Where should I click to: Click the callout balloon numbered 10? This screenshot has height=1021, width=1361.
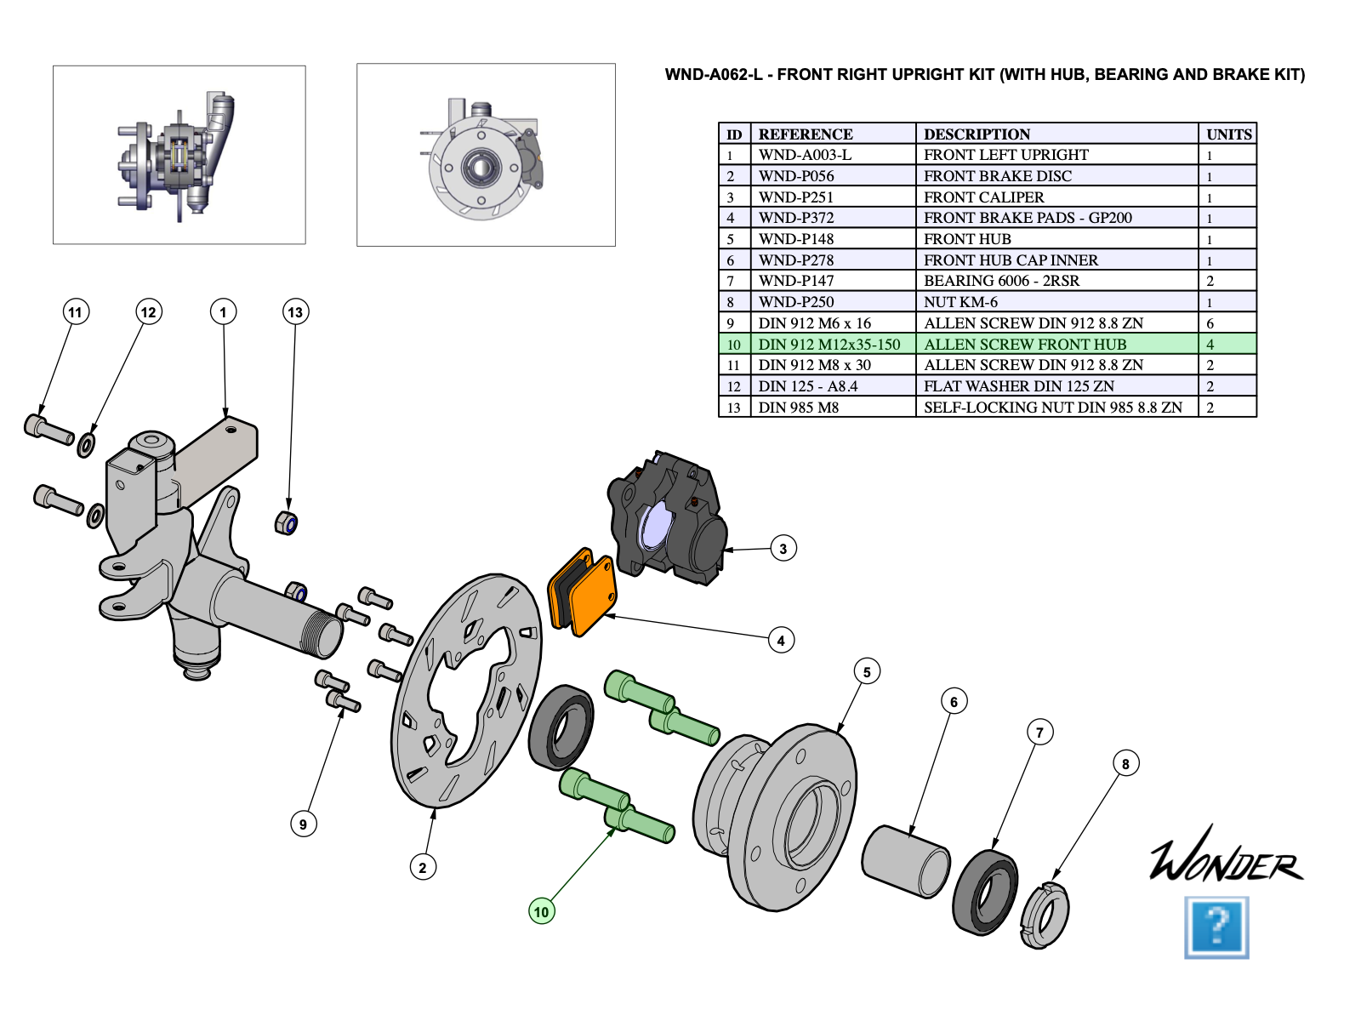pyautogui.click(x=542, y=911)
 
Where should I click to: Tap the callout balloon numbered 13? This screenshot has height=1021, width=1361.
pyautogui.click(x=295, y=312)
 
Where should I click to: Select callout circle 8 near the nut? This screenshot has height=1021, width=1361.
pyautogui.click(x=1125, y=763)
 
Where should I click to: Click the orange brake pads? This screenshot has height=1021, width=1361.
pyautogui.click(x=584, y=592)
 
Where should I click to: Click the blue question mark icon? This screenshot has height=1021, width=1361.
pyautogui.click(x=1217, y=927)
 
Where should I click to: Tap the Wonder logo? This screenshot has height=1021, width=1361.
pyautogui.click(x=1225, y=856)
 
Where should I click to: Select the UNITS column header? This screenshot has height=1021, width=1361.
pyautogui.click(x=1228, y=134)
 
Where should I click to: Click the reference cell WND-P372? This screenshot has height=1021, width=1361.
pyautogui.click(x=796, y=218)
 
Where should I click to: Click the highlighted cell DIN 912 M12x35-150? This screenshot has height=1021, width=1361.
pyautogui.click(x=829, y=345)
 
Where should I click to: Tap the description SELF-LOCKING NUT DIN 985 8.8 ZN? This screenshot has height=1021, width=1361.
pyautogui.click(x=1053, y=408)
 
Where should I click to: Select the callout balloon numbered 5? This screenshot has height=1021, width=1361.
pyautogui.click(x=867, y=671)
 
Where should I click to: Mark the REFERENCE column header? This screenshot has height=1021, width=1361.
pyautogui.click(x=806, y=134)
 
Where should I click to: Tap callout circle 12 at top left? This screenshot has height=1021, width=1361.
pyautogui.click(x=149, y=312)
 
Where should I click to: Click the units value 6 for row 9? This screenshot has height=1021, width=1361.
pyautogui.click(x=1210, y=323)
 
